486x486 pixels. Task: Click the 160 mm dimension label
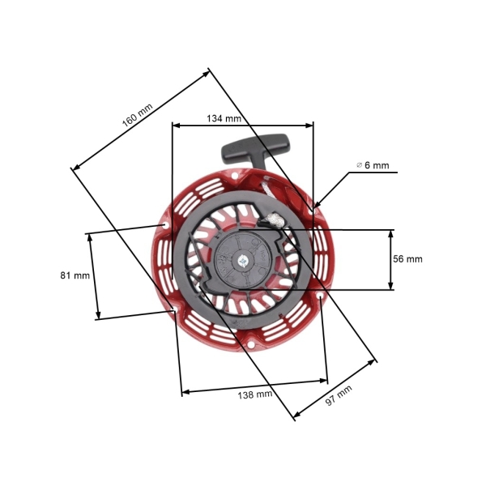click(x=137, y=117)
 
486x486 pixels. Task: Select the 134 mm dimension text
click(x=224, y=118)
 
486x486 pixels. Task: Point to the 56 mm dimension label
click(x=407, y=259)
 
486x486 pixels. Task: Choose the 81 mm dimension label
click(x=75, y=275)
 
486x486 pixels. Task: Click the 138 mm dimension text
click(x=254, y=394)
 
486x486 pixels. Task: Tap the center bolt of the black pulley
click(x=243, y=261)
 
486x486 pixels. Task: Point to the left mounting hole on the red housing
click(x=166, y=224)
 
